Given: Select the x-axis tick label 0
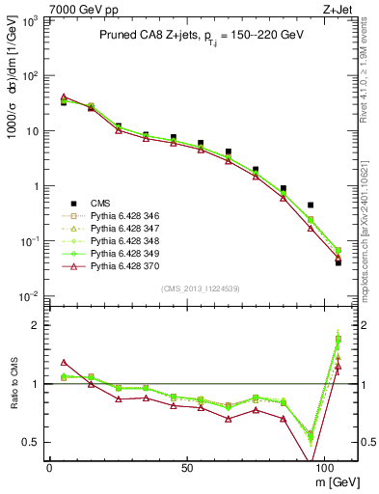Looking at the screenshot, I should pyautogui.click(x=49, y=467).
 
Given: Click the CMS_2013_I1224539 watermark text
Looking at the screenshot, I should pyautogui.click(x=200, y=288).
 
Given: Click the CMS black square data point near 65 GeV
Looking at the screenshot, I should pyautogui.click(x=229, y=151).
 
